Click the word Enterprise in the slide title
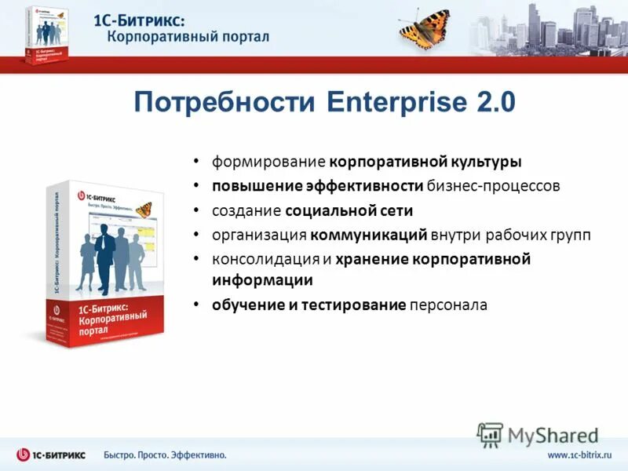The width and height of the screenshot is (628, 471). (x=390, y=104)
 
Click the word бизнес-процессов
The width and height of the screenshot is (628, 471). (x=494, y=186)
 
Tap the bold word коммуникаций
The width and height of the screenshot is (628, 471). (x=368, y=234)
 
